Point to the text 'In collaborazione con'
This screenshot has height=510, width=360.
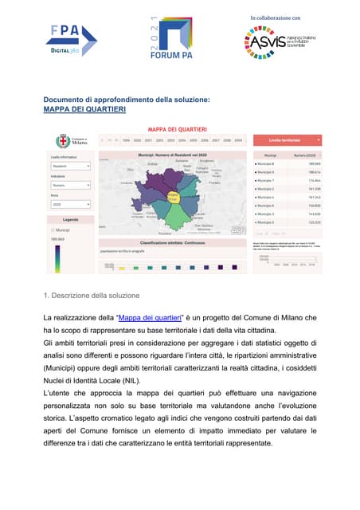(x=275, y=18)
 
